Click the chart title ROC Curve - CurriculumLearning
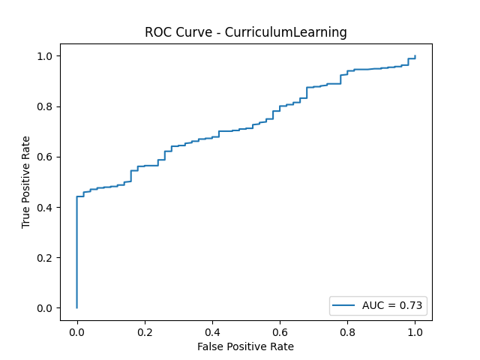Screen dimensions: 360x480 [245, 33]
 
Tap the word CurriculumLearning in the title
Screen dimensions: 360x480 [295, 33]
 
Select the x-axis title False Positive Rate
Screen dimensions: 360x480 [245, 346]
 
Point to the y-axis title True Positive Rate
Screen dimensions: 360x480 [26, 182]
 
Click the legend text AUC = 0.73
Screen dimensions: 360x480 [393, 305]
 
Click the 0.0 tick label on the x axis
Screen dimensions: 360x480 [76, 331]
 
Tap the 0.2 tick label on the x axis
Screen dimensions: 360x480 [144, 331]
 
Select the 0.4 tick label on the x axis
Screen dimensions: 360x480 [211, 331]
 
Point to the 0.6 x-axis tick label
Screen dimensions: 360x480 [280, 331]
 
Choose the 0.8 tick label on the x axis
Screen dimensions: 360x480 [347, 331]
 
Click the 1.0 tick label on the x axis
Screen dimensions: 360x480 [415, 331]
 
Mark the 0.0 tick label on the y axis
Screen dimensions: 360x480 [46, 308]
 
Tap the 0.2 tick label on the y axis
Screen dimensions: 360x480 [46, 258]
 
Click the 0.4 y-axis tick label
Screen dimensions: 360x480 [46, 207]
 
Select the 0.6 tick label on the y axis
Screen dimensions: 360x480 [46, 157]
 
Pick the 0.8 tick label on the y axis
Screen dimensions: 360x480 [46, 106]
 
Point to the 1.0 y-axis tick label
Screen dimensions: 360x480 [46, 56]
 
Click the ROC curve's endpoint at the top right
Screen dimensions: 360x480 [415, 56]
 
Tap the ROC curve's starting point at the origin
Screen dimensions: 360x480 [76, 307]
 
